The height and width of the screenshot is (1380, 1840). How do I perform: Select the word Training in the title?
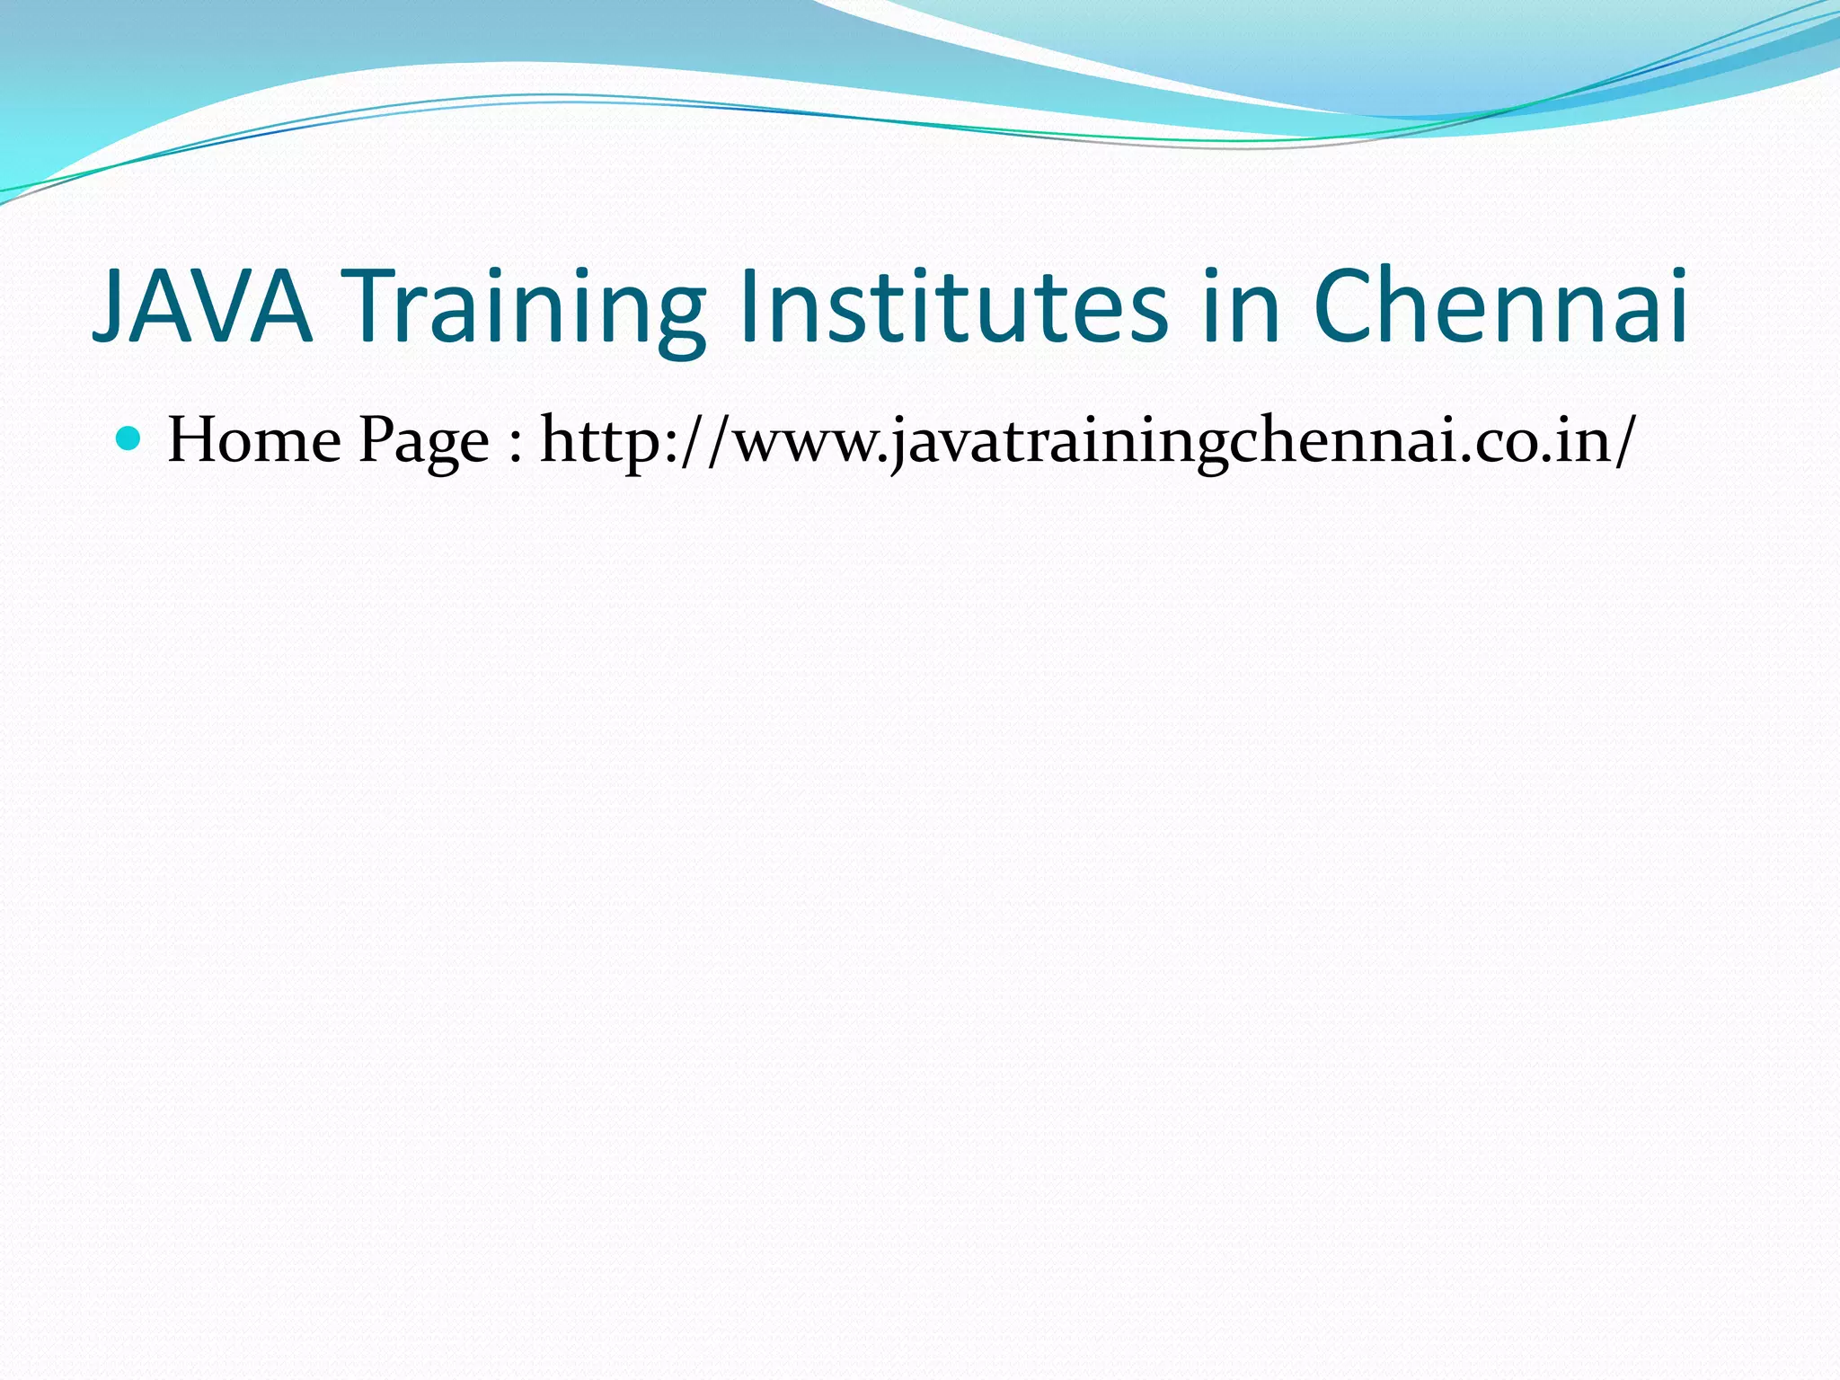point(526,307)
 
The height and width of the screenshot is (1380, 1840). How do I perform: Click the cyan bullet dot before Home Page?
point(129,438)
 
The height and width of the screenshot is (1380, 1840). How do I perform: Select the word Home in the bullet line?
point(254,440)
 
